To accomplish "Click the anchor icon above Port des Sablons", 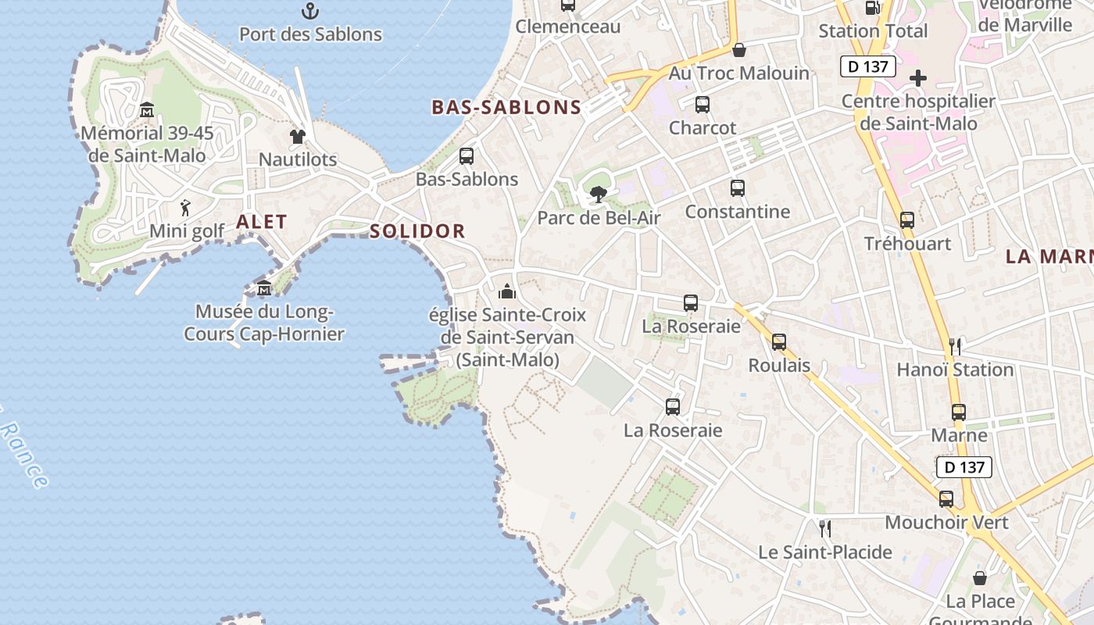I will [x=310, y=11].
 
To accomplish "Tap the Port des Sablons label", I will [x=310, y=34].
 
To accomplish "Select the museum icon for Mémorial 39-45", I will [x=146, y=110].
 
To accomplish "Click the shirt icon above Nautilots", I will [x=297, y=137].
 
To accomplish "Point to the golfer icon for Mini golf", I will [x=185, y=208].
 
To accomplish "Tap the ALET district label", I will [x=262, y=222].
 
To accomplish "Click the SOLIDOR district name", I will [x=417, y=231].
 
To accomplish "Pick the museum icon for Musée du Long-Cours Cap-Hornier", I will [x=264, y=288].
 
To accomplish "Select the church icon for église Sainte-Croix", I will [x=507, y=291].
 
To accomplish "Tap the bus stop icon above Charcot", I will [x=702, y=105].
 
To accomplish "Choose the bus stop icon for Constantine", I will [x=737, y=188].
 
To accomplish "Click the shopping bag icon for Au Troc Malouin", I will [x=738, y=50].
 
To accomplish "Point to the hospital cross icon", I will [x=918, y=78].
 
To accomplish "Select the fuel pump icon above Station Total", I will [x=873, y=8].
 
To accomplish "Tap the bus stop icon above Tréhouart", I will [x=906, y=220].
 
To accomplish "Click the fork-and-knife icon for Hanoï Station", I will [x=954, y=346].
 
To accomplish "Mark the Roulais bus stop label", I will [x=779, y=366].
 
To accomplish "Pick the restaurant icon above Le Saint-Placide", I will [x=824, y=529].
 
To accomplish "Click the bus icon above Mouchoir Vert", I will [x=946, y=499].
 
